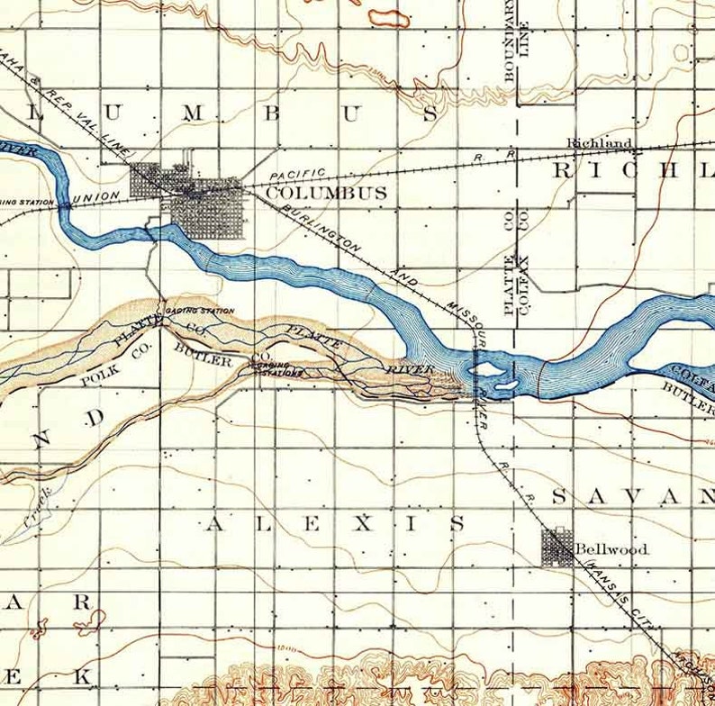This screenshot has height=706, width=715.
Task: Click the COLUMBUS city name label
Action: coord(327,194)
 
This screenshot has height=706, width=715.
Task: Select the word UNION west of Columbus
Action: coord(96,197)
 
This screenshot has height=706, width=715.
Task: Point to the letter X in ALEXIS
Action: coord(362,524)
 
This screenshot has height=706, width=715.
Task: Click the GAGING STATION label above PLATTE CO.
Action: coord(194,312)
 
